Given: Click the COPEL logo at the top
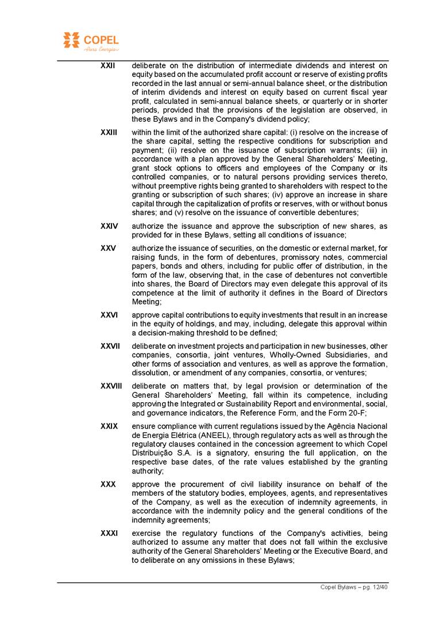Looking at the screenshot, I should (x=90, y=41).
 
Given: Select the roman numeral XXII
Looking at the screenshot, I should (x=107, y=65).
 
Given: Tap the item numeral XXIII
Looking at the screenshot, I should (x=109, y=132).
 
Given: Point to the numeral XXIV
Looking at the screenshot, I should (x=109, y=226).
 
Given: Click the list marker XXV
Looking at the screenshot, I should (x=108, y=248).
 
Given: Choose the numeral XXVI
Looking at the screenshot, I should (x=109, y=315).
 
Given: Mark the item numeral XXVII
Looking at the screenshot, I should (x=110, y=346).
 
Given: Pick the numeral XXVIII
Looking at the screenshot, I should (x=111, y=386).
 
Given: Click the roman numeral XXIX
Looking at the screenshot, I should (x=109, y=426).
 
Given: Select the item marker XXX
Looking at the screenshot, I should (x=108, y=484).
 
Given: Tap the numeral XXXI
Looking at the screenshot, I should (x=109, y=533).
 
